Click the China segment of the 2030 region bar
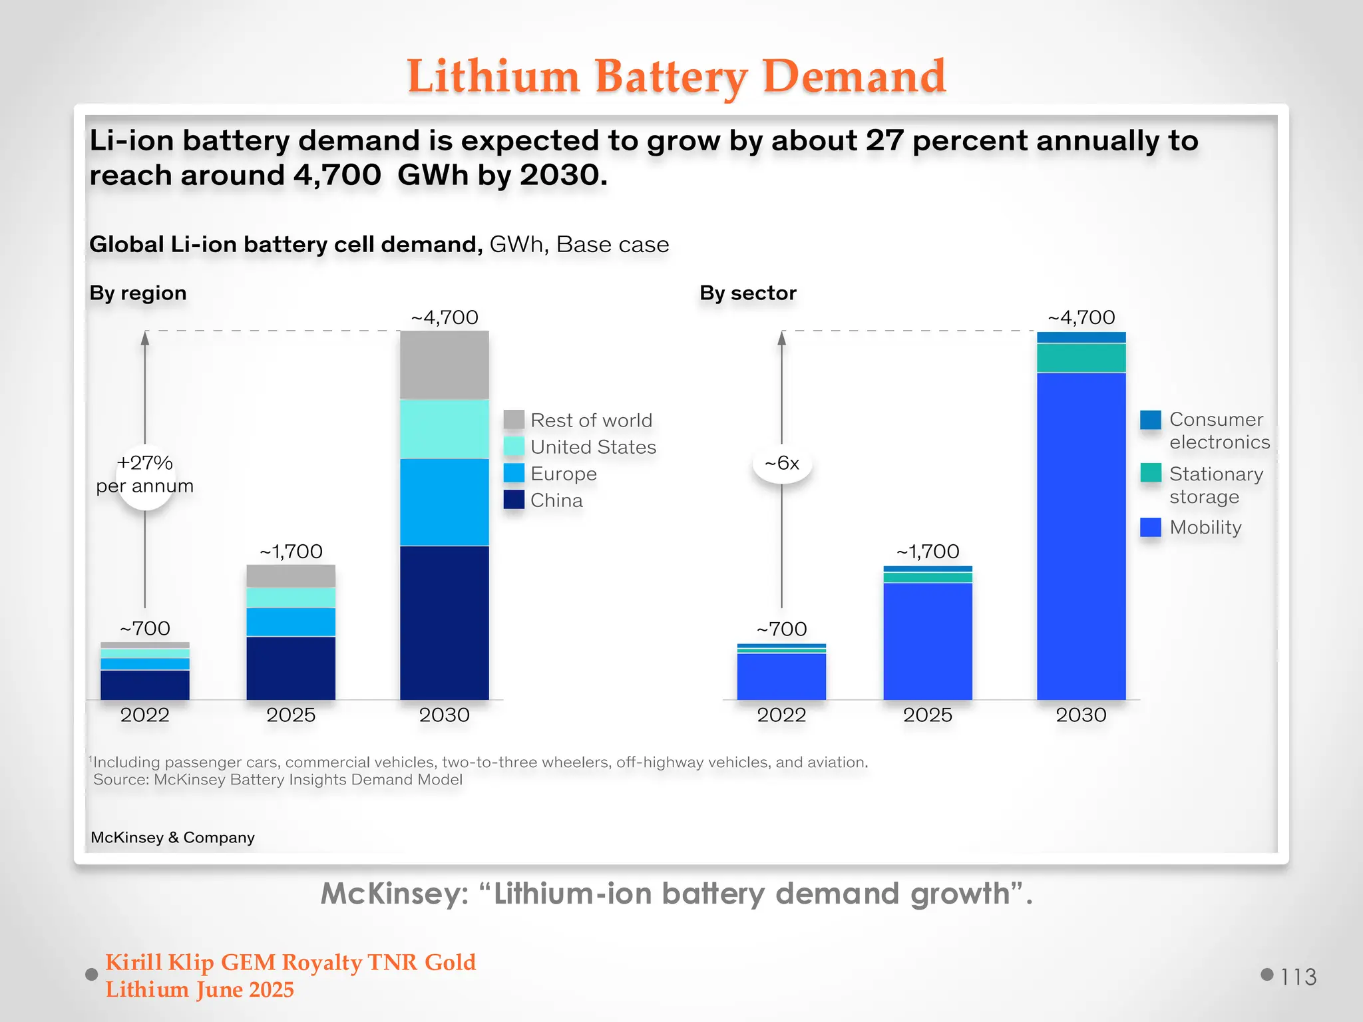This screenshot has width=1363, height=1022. coord(444,622)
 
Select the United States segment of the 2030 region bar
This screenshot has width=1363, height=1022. coord(444,428)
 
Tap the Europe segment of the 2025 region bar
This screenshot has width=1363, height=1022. coord(291,622)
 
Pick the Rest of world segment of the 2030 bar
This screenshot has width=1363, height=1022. coord(444,365)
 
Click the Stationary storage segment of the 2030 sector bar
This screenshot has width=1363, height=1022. coord(1081,358)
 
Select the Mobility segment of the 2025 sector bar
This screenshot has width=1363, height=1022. coord(928,641)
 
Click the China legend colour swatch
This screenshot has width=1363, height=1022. coord(514,500)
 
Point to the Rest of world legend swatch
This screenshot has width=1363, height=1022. coord(514,420)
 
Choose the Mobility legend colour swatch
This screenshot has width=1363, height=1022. coord(1150,527)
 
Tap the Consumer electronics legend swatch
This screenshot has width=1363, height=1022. coord(1150,420)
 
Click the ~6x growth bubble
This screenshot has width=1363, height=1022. coord(782,463)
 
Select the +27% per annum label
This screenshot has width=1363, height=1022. coord(145,474)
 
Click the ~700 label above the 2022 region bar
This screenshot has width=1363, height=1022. coord(145,628)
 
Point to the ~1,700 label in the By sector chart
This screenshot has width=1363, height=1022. coord(928,551)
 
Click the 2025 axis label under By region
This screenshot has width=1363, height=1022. coord(291,715)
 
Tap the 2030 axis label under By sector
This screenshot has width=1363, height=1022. coord(1081,715)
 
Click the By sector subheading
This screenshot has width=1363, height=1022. coord(747,293)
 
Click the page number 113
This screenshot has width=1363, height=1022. coord(1298,977)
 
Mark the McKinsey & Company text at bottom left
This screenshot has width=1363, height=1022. coord(172,838)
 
